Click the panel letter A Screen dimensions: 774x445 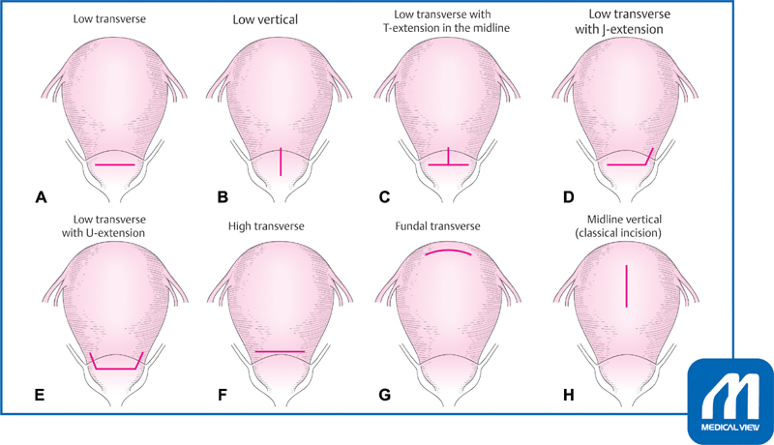click(x=41, y=197)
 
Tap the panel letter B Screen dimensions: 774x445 click(x=223, y=197)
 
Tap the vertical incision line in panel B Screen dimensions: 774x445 click(x=281, y=161)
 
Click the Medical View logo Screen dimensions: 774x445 click(x=730, y=400)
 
